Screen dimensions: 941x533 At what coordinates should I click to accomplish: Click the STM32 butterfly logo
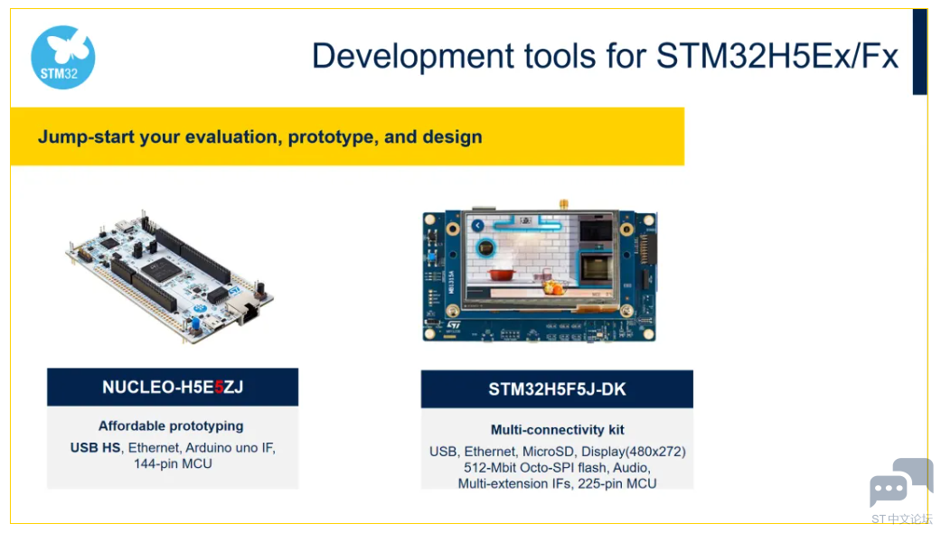tap(63, 57)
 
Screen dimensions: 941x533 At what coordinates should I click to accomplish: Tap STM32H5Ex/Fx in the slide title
tap(777, 56)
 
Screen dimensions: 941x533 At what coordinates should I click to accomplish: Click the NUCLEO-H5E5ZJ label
tap(173, 388)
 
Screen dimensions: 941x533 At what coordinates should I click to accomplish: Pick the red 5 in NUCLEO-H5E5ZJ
tap(219, 388)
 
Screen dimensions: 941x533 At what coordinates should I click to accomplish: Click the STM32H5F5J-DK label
tap(557, 389)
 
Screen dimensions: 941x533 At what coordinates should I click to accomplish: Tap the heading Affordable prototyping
tap(171, 425)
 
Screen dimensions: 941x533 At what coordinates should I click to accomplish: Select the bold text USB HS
tap(95, 448)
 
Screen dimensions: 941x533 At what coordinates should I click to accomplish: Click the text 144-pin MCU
tap(173, 463)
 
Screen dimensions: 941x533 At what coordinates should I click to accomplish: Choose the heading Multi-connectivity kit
tap(558, 430)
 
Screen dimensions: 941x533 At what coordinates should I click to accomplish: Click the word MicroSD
tap(548, 452)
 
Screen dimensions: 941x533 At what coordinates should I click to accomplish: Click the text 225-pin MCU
tap(616, 483)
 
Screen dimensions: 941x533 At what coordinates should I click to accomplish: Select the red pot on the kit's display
tap(501, 275)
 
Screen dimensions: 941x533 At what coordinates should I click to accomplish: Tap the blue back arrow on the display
tap(477, 226)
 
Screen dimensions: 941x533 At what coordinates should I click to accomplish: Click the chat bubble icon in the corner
tap(901, 482)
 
